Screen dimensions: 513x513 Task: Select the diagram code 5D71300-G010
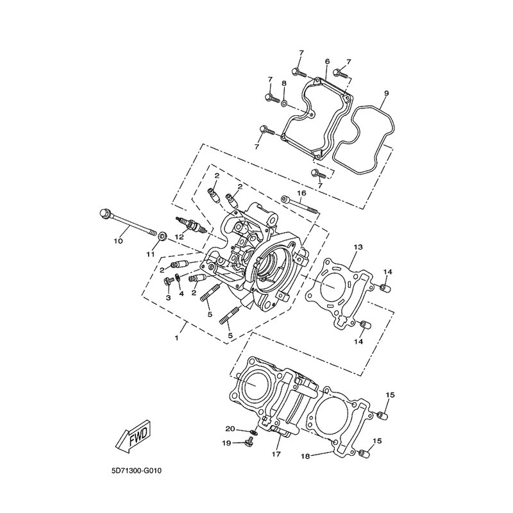point(137,471)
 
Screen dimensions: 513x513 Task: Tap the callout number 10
point(118,241)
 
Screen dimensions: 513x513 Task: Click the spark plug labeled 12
point(191,225)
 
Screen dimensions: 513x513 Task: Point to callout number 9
point(386,93)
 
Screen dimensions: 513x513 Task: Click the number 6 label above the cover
point(327,61)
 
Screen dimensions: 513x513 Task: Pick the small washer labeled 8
point(284,104)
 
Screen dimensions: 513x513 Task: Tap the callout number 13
point(358,247)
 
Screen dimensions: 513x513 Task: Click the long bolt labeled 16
point(300,205)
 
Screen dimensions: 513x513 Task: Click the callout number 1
point(176,339)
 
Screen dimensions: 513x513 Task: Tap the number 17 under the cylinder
point(276,454)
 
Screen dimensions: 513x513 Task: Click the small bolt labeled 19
point(249,442)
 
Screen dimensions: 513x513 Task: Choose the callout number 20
point(230,428)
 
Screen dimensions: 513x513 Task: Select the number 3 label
point(168,298)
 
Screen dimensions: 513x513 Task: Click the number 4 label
point(181,294)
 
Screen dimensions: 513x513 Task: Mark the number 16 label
point(301,193)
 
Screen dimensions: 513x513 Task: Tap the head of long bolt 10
point(105,214)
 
